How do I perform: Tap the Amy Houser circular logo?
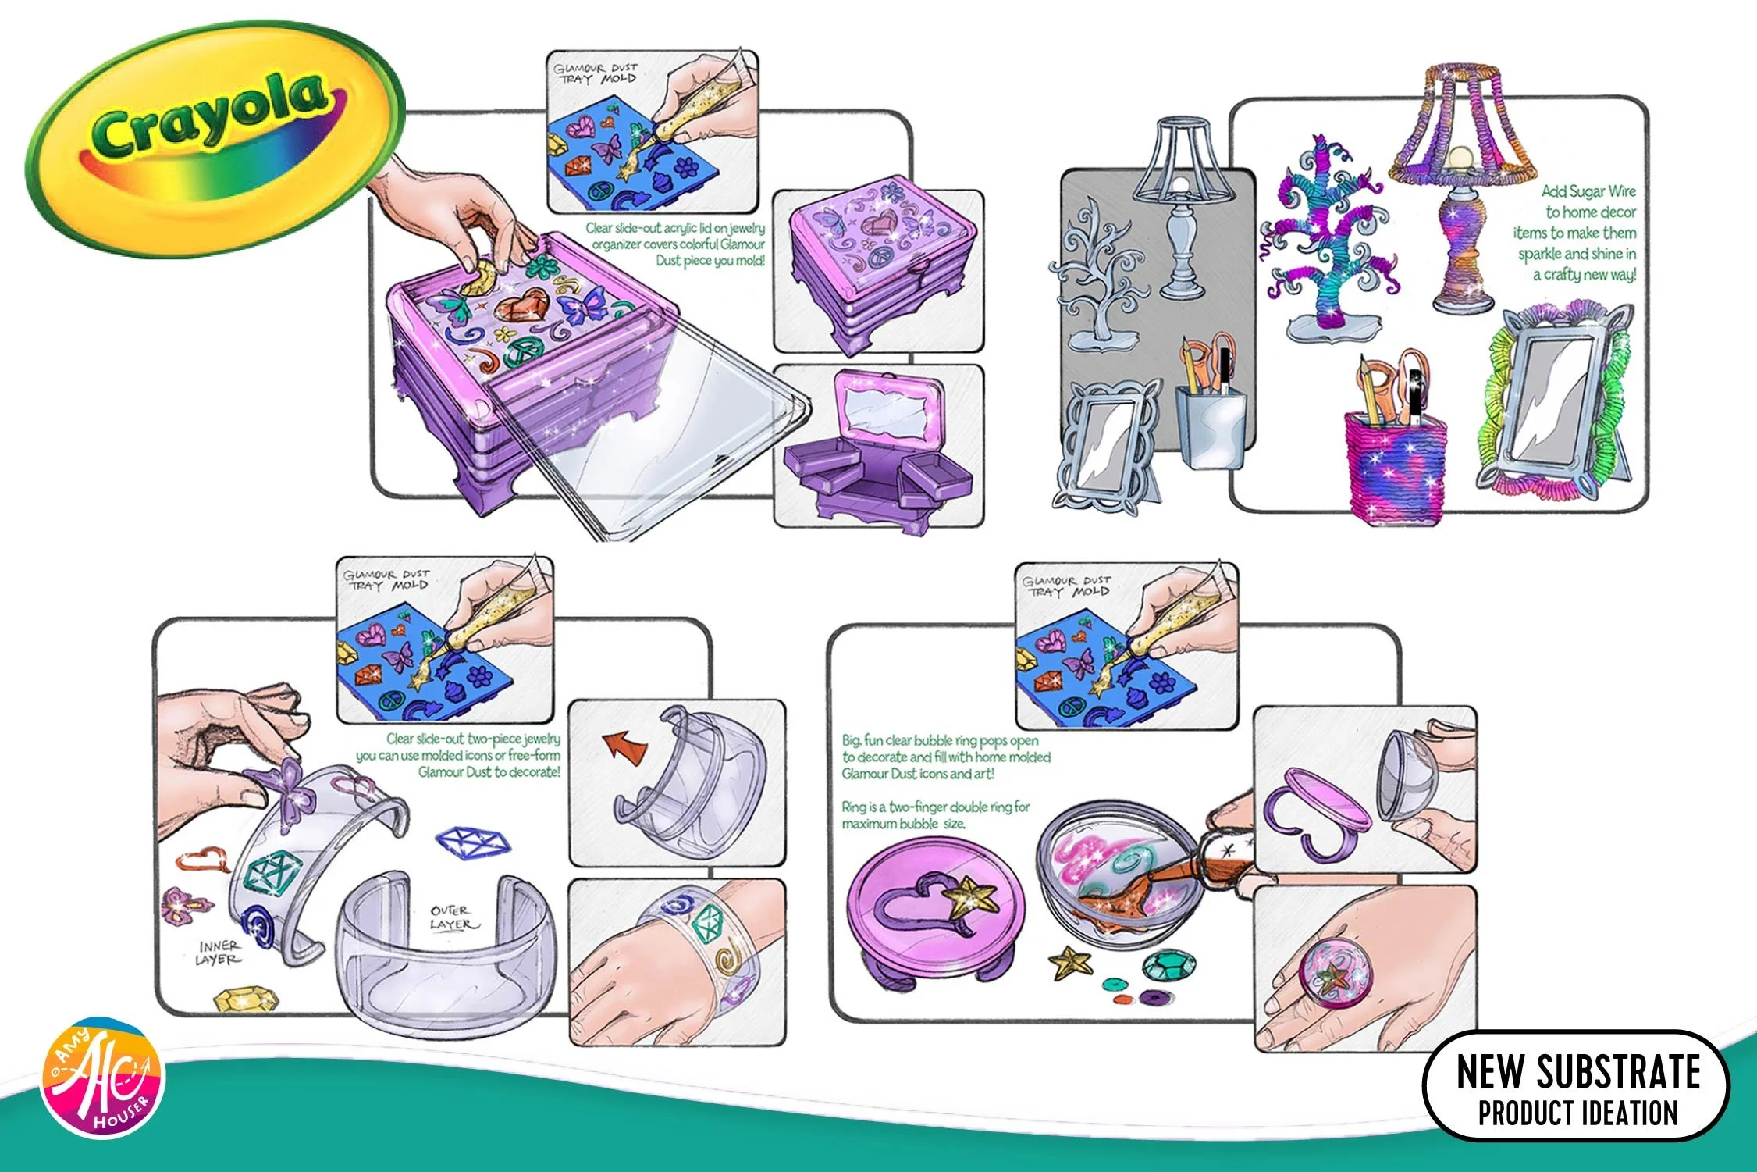pyautogui.click(x=103, y=1078)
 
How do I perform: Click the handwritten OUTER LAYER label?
pyautogui.click(x=452, y=917)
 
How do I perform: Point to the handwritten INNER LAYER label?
pyautogui.click(x=220, y=952)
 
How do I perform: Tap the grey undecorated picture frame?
pyautogui.click(x=1104, y=441)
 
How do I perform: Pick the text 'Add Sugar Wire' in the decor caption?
pyautogui.click(x=1588, y=191)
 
